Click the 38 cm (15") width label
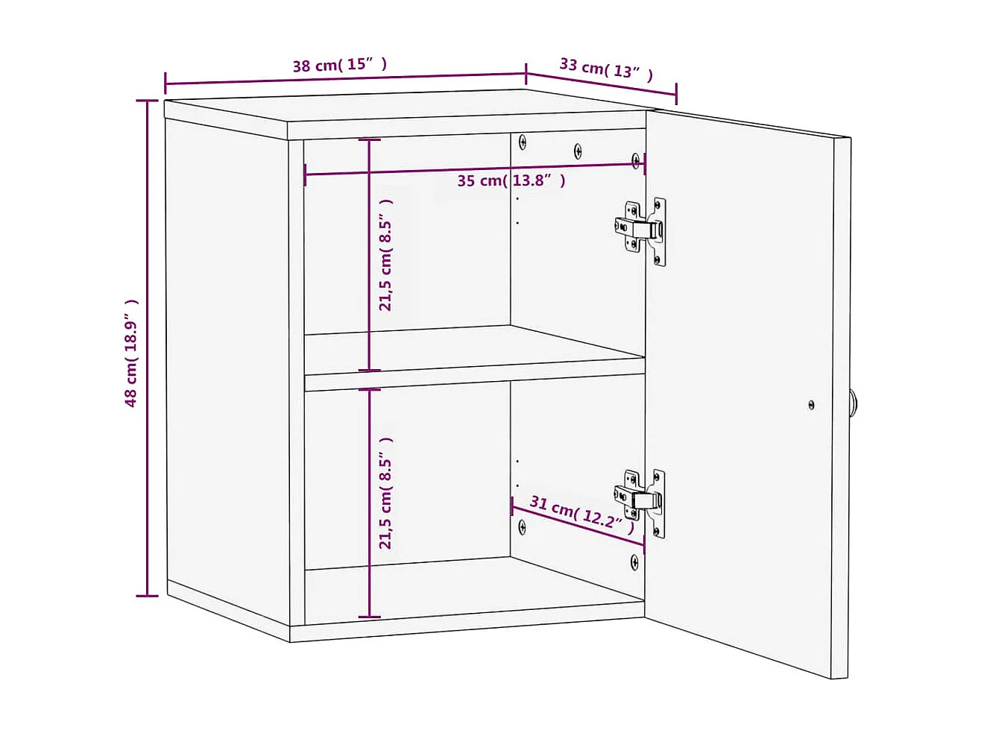coord(340,65)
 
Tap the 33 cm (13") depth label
coord(606,69)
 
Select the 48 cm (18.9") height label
coord(132,353)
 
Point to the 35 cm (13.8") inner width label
coord(511,180)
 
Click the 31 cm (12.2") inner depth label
coord(581,514)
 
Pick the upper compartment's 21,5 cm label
coord(385,254)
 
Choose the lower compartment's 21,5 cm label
coord(385,493)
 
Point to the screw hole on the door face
coord(811,405)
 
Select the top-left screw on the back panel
coord(523,141)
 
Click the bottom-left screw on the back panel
coord(522,526)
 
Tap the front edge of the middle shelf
coord(474,380)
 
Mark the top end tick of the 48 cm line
coord(148,101)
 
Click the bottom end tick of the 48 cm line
coord(148,596)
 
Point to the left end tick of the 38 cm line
coord(165,83)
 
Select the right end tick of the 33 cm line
coord(676,95)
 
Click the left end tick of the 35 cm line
coord(305,175)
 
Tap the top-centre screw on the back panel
coord(578,151)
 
